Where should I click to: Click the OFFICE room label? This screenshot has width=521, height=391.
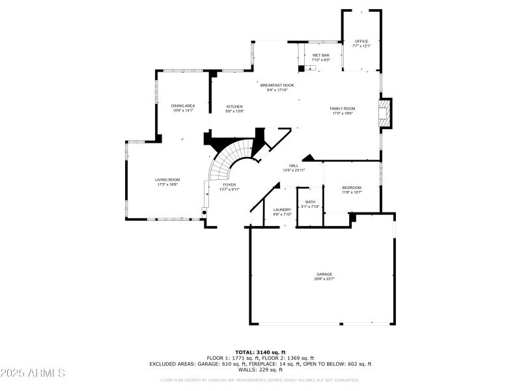(361, 41)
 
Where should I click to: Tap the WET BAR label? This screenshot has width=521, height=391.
(321, 55)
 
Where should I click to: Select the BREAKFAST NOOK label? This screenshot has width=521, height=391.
(277, 85)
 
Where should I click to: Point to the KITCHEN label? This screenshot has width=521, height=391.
(234, 106)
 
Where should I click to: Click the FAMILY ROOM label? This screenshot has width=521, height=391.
(342, 108)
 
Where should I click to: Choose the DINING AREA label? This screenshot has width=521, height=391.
(183, 106)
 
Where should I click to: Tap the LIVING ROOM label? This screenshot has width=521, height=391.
(167, 180)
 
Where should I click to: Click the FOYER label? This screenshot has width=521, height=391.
(229, 185)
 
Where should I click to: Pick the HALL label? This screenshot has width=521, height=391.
(294, 166)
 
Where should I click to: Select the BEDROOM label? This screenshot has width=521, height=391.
(352, 188)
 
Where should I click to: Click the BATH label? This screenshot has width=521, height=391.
(310, 202)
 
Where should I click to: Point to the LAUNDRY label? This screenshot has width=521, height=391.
(282, 209)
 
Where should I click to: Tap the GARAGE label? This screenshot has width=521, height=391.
(324, 274)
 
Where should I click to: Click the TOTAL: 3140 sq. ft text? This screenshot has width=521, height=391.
(260, 352)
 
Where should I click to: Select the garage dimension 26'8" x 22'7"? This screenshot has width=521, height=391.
(324, 279)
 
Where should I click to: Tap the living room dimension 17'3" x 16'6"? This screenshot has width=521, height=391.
(167, 184)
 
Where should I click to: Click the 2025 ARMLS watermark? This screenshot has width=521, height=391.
(33, 373)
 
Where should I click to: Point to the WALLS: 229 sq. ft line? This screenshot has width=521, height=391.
(260, 369)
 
